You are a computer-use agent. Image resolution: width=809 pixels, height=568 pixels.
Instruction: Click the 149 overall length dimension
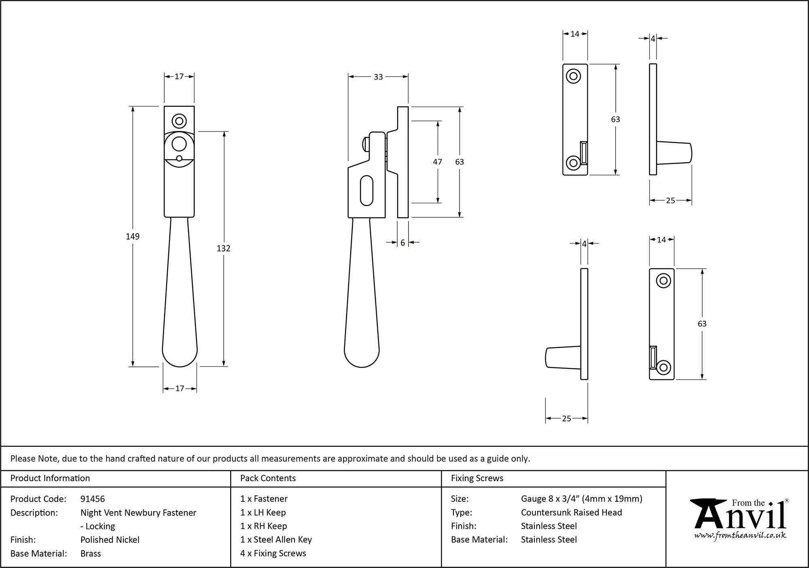[x=132, y=237]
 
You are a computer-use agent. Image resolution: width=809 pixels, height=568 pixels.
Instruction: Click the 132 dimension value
[x=223, y=248]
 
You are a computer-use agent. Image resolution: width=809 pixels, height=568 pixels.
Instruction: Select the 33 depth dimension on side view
[x=378, y=77]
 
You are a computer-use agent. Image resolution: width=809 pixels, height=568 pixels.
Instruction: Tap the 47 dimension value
[x=437, y=162]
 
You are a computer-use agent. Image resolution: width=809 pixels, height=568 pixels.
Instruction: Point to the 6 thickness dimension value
[x=403, y=243]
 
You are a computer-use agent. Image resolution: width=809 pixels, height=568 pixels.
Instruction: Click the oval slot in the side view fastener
[x=366, y=189]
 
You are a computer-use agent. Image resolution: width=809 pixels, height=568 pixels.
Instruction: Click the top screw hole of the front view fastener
[x=179, y=121]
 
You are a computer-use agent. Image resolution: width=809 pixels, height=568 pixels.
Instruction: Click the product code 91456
[x=93, y=499]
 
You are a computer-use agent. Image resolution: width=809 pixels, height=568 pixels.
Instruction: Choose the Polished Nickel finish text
[x=110, y=540]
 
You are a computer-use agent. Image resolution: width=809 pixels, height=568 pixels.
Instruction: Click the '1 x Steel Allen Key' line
[x=276, y=540]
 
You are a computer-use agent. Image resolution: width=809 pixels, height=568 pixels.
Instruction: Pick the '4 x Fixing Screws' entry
[x=273, y=553]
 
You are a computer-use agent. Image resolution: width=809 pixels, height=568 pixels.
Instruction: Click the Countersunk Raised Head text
[x=571, y=513]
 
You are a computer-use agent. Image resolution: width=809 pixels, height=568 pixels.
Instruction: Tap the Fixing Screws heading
[x=477, y=478]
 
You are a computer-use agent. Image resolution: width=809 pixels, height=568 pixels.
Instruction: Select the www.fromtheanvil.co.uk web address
[x=740, y=535]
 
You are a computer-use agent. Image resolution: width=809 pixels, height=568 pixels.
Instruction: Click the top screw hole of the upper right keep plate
[x=573, y=76]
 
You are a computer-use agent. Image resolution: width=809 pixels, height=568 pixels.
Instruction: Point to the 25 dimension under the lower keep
[x=566, y=419]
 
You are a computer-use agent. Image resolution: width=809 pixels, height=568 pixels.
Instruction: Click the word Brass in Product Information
[x=91, y=553]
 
